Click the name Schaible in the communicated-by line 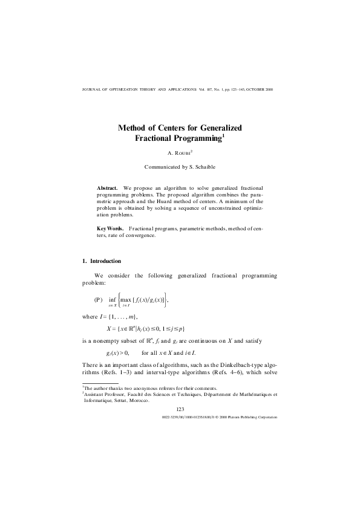(x=203, y=166)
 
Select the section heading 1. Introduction (x=102, y=261)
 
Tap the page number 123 (x=180, y=409)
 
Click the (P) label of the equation (x=99, y=299)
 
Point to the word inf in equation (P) (x=113, y=299)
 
